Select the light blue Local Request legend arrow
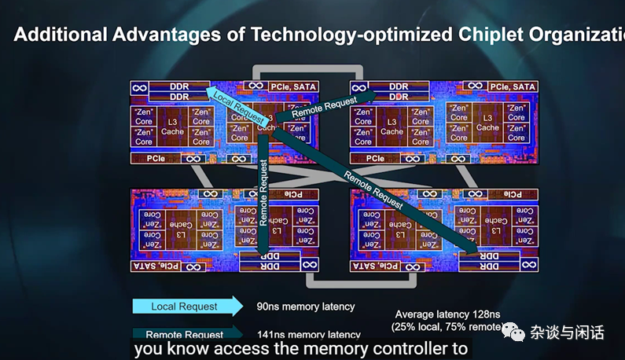(187, 306)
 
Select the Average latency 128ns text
(446, 314)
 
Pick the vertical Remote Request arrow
(264, 197)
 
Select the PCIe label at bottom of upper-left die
(155, 158)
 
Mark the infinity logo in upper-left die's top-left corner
(139, 87)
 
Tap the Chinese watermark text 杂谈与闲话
(567, 333)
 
